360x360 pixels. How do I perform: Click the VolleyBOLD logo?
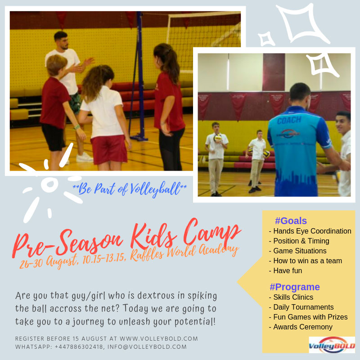point(332,345)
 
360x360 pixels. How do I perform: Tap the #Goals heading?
point(291,221)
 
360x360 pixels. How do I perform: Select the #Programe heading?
point(295,287)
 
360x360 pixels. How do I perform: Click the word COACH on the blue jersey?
point(289,120)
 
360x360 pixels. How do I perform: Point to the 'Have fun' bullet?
point(285,271)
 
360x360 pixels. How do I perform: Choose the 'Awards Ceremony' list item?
point(301,327)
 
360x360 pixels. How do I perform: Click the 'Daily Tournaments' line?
point(301,307)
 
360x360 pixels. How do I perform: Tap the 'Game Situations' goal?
point(297,251)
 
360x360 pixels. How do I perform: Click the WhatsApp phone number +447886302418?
point(79,346)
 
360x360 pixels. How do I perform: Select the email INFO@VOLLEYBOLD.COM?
point(147,346)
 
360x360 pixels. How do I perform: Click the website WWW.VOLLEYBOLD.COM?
point(159,339)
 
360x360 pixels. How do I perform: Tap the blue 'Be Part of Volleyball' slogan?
point(130,189)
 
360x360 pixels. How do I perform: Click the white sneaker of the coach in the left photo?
point(84,157)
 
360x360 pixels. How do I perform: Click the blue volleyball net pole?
point(139,76)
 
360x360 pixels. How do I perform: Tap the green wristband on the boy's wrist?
point(76,127)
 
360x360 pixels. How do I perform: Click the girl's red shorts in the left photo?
point(109,149)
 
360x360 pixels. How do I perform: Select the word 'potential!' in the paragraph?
point(195,322)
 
